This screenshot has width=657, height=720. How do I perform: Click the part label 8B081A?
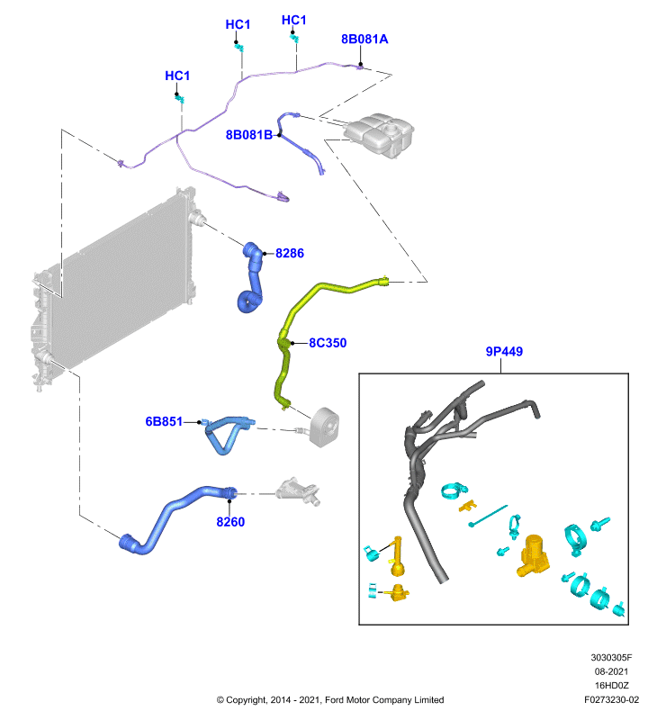(364, 40)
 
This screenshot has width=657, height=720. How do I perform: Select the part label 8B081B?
(248, 135)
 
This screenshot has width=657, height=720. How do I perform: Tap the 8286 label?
(290, 254)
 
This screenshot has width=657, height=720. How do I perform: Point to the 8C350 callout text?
(328, 343)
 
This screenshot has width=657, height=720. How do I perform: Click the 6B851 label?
(164, 421)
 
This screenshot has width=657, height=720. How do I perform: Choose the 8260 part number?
(230, 522)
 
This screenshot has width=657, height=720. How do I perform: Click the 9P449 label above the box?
(504, 352)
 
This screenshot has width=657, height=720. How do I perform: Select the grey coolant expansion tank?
(379, 135)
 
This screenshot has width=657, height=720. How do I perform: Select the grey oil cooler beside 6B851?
(325, 427)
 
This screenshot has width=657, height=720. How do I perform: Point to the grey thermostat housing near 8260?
(298, 491)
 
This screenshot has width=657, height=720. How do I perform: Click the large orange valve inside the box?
(534, 555)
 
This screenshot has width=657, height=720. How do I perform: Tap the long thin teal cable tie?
(488, 516)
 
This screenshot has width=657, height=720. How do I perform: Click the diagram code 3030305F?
(611, 658)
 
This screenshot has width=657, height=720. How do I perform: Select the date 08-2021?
(611, 671)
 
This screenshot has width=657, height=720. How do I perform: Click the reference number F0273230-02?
(611, 700)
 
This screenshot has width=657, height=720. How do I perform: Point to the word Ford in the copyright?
(334, 700)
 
